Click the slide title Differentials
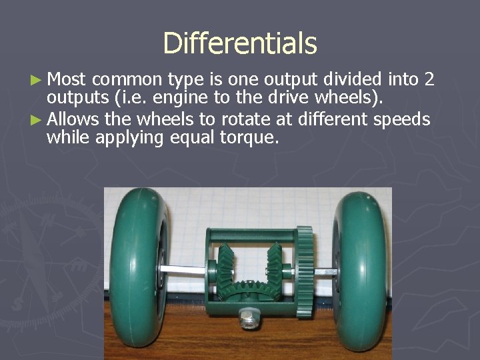pyautogui.click(x=240, y=43)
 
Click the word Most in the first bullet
pyautogui.click(x=67, y=80)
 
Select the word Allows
pyautogui.click(x=72, y=119)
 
